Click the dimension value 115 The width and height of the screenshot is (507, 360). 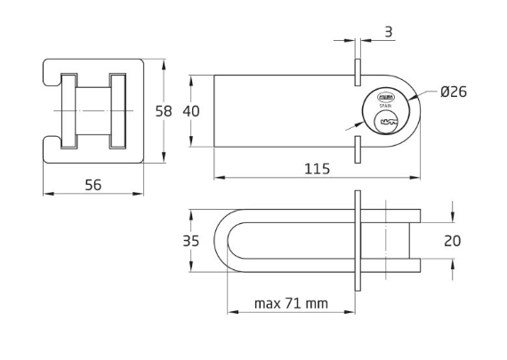coord(318,168)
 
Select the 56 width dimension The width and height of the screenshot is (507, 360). coord(93,184)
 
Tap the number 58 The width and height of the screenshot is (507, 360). coord(163,111)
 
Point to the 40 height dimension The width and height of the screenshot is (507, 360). coord(191,111)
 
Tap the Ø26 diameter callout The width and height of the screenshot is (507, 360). coord(454,92)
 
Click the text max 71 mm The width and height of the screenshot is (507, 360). coord(291,303)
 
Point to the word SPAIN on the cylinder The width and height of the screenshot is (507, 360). coord(386,106)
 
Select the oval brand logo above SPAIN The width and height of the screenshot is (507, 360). coord(386,97)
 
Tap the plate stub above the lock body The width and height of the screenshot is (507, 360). coord(356,73)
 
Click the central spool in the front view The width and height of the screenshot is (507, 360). coord(93,110)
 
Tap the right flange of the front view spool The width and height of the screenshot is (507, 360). coord(117,110)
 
